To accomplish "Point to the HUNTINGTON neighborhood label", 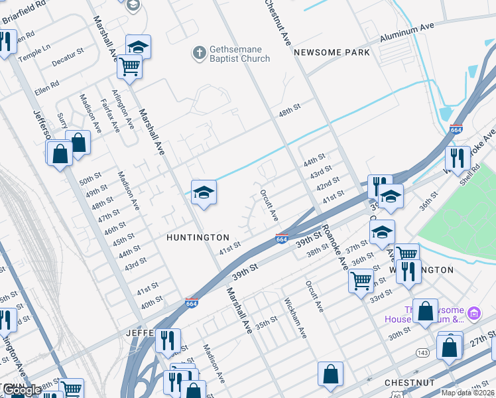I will [198, 237].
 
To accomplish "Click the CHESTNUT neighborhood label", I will [410, 383].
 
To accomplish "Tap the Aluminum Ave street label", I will [406, 33].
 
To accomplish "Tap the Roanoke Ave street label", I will [334, 247].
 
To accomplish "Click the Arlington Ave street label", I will [123, 109].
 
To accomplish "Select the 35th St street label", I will [267, 323].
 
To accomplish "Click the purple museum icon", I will [473, 312].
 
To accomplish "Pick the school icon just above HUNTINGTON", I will [204, 193].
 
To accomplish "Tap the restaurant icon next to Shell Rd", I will [458, 158].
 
